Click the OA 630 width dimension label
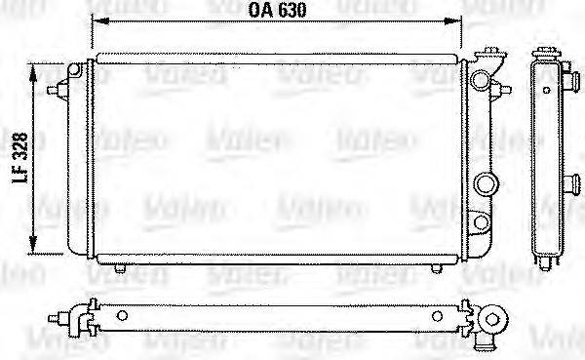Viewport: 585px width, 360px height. coord(276,13)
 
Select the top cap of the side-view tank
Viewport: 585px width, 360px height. coord(543,56)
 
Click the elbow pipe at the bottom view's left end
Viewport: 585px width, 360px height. coord(70,318)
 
